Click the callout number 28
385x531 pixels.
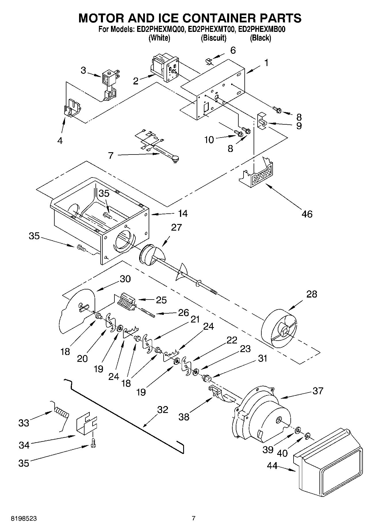(312, 294)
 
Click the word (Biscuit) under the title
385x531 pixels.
(213, 38)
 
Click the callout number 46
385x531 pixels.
(307, 214)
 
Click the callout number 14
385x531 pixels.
(183, 213)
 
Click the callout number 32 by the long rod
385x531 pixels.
(162, 410)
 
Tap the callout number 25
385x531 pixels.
(161, 300)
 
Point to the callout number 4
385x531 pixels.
(60, 140)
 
